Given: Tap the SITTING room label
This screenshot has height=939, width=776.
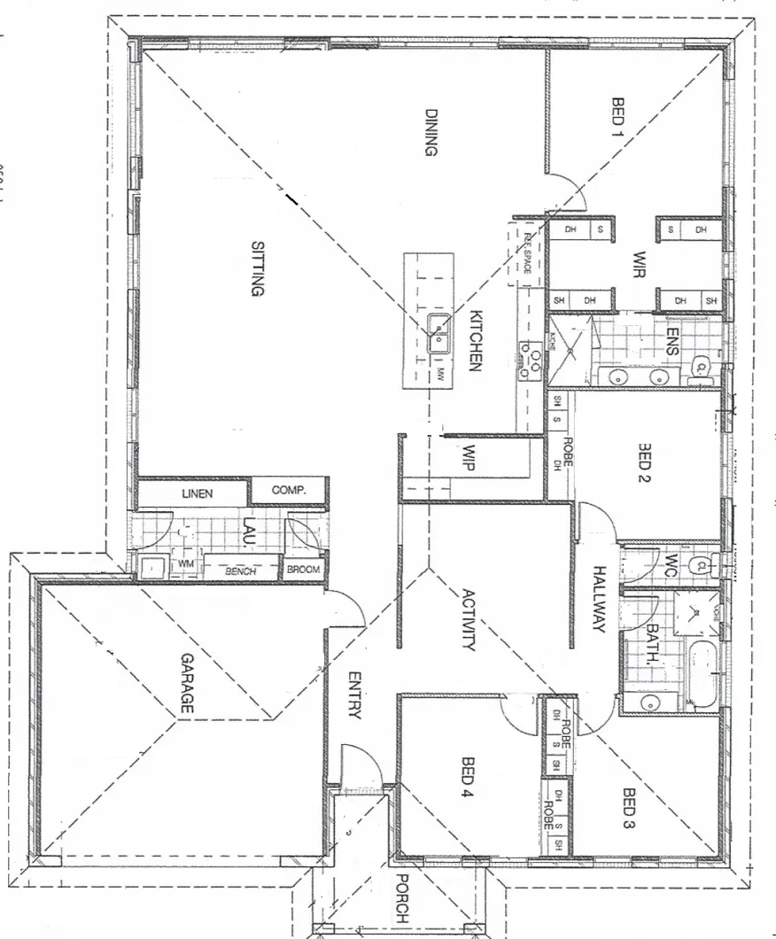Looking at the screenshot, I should point(258,269).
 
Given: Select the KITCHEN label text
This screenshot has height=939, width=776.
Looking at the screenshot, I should point(476,341).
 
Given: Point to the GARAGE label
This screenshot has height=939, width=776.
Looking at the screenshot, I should point(188,683).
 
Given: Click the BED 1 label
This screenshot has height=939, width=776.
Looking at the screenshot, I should point(618,117).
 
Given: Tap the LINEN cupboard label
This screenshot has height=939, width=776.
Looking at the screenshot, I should point(197,493).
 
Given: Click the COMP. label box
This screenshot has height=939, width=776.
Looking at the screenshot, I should point(288,490).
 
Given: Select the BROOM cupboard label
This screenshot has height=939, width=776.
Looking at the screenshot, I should point(303,570).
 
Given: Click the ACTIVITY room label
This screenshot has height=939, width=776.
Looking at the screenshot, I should point(469,620).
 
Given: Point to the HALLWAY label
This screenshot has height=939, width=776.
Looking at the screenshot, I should point(598,599).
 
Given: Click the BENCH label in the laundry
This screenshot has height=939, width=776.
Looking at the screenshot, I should point(241,571).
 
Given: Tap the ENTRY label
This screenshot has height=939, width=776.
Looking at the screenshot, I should point(354,696).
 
